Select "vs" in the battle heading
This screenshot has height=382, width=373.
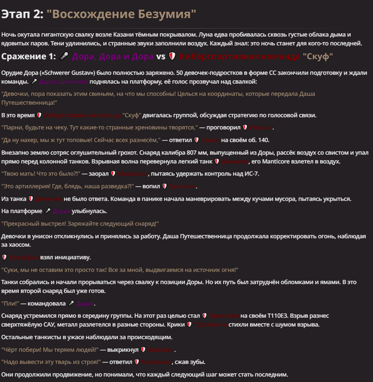[x=161, y=56]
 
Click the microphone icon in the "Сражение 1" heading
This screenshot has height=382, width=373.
[x=64, y=56]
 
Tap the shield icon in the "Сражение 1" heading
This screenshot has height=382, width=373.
[x=172, y=56]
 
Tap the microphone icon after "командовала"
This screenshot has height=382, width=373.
[x=71, y=303]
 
